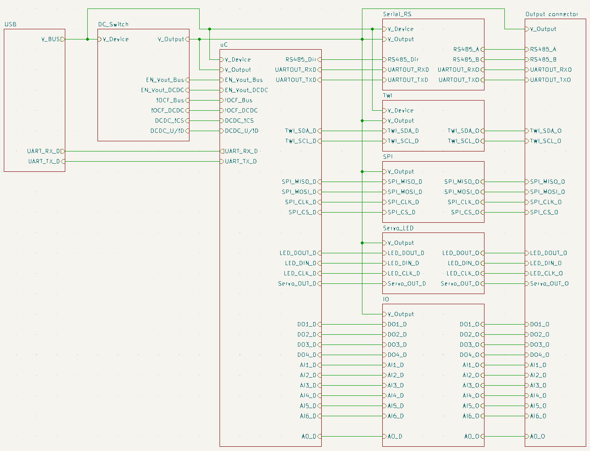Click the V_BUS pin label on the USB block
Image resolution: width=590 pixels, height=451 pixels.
(x=50, y=39)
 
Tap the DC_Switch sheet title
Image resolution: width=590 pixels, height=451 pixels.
(x=113, y=24)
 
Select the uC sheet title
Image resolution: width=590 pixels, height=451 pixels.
(x=224, y=45)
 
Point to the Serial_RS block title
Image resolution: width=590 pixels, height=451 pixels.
(x=397, y=14)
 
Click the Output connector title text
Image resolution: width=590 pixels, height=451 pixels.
(x=551, y=14)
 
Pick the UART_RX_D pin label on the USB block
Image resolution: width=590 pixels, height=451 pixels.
(x=43, y=151)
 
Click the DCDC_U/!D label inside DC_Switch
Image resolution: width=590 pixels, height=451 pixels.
(x=167, y=131)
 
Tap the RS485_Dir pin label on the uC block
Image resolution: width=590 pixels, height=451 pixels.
(x=301, y=59)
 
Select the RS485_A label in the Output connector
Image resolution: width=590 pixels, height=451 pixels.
(x=543, y=49)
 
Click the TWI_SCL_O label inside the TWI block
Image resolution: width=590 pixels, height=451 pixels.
(x=463, y=141)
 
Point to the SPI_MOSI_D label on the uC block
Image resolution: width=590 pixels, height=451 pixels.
(x=299, y=192)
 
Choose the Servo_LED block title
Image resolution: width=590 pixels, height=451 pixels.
(x=398, y=228)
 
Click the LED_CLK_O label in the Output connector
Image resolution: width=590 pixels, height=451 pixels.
(x=546, y=273)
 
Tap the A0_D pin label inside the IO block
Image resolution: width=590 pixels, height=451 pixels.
(x=395, y=436)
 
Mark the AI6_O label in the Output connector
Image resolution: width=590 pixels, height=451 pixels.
(x=538, y=416)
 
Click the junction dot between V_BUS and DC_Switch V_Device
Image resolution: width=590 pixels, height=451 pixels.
(x=87, y=39)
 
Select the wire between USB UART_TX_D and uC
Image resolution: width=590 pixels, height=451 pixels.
(x=142, y=161)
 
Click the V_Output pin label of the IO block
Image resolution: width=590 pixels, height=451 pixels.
(x=401, y=314)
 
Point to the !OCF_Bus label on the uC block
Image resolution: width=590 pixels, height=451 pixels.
(x=239, y=100)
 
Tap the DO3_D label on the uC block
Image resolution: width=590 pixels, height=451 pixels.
(x=307, y=345)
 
